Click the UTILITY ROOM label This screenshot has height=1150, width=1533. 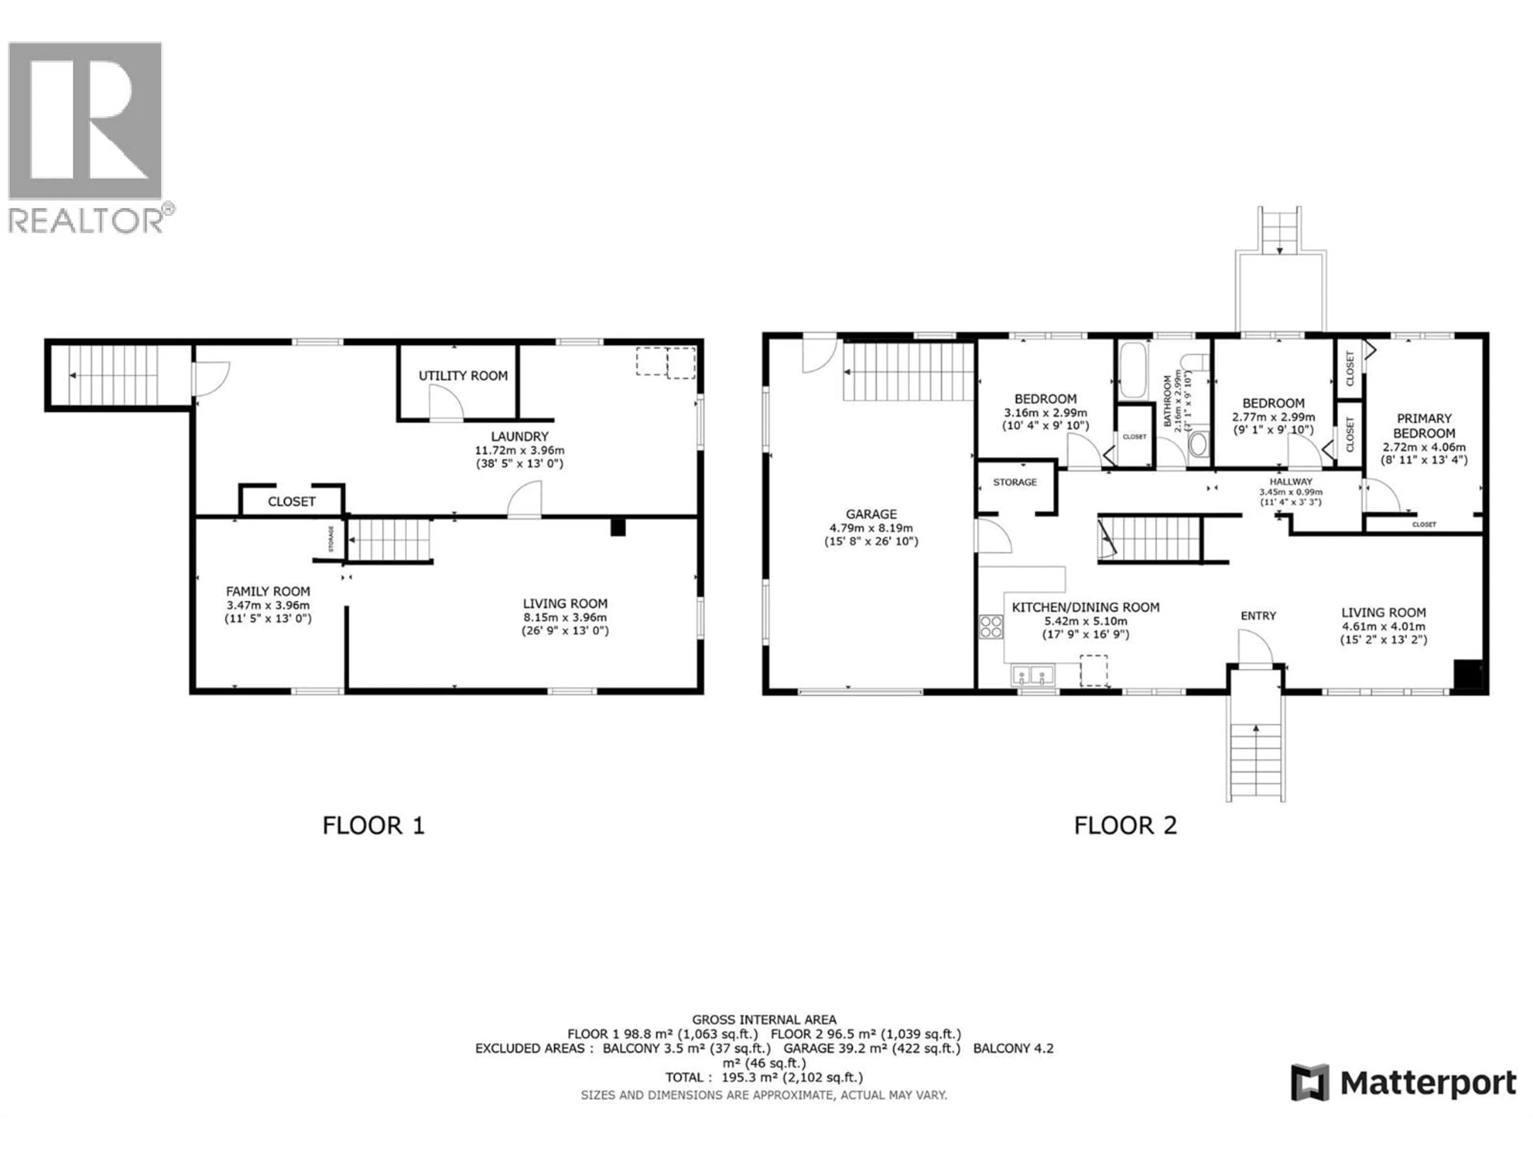[463, 376]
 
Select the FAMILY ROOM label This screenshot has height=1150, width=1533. [267, 591]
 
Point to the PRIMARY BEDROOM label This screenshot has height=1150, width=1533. [1424, 426]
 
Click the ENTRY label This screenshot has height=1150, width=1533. [1258, 616]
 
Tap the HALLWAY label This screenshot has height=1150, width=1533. [1290, 481]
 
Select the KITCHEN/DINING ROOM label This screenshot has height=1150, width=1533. [1085, 607]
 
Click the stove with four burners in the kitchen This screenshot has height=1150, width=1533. [991, 627]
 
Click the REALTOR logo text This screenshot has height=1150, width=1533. [87, 220]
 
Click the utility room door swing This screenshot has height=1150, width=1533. [446, 403]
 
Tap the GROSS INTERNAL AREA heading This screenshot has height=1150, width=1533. [764, 1020]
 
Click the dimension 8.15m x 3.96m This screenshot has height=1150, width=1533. [565, 617]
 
